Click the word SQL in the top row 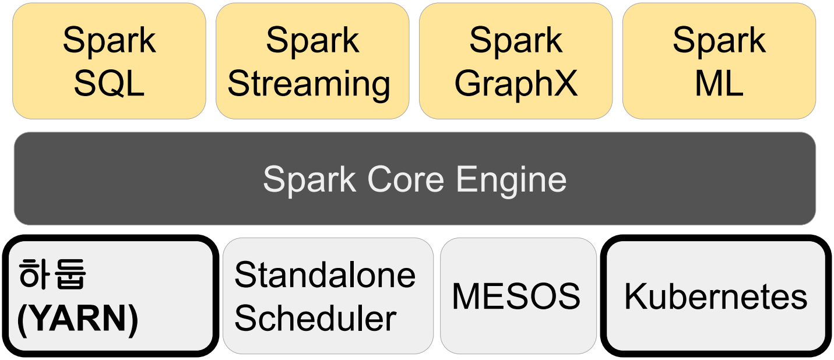click(x=109, y=84)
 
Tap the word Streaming click(x=309, y=84)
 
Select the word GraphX click(x=516, y=84)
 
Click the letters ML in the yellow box click(x=719, y=84)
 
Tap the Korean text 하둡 click(x=52, y=275)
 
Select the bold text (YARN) click(x=78, y=319)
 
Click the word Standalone click(x=325, y=275)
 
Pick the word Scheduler click(x=315, y=319)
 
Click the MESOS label click(x=516, y=297)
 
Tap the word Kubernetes click(x=716, y=297)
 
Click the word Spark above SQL click(x=109, y=41)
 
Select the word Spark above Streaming click(x=312, y=41)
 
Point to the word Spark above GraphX click(x=516, y=41)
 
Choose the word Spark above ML click(x=719, y=41)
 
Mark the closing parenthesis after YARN click(x=133, y=319)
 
